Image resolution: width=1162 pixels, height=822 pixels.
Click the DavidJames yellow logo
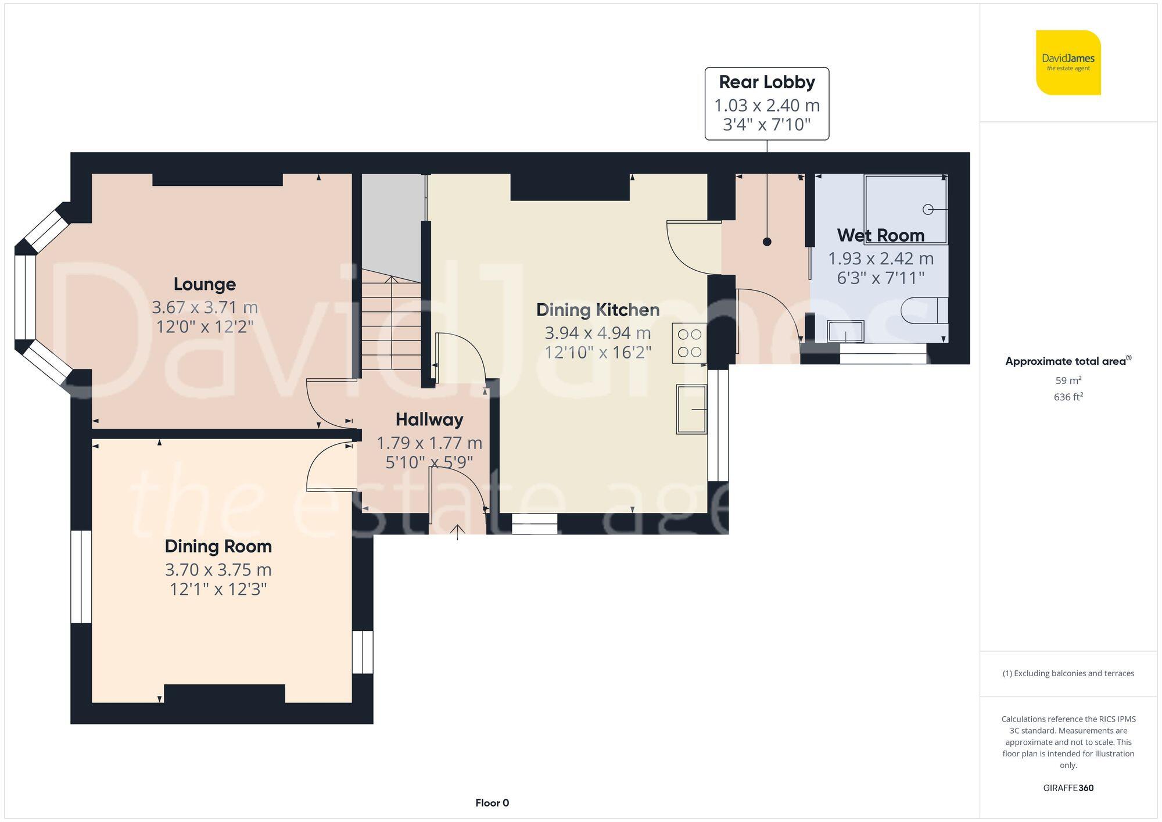pos(1068,63)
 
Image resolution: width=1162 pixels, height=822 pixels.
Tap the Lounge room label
pos(205,284)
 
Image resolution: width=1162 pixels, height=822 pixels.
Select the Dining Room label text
pos(218,546)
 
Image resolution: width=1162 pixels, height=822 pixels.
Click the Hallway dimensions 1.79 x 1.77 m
pos(429,443)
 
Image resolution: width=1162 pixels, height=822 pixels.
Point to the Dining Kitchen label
pos(597,310)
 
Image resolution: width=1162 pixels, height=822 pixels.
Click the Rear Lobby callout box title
pos(766,82)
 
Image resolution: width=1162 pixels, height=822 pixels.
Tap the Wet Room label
pos(880,235)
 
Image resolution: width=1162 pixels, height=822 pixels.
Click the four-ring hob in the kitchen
pos(690,343)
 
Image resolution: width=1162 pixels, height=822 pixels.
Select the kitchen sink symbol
pos(691,409)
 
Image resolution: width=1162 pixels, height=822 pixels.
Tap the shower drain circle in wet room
pos(928,209)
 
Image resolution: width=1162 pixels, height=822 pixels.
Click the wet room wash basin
pos(845,332)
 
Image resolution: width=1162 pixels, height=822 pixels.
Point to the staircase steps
pos(391,325)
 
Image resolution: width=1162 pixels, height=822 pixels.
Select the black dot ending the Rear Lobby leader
pos(767,242)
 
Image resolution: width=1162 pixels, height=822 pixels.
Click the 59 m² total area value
pos(1068,381)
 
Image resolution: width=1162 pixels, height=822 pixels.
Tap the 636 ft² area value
pos(1068,397)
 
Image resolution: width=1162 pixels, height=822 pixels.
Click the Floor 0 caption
pos(492,803)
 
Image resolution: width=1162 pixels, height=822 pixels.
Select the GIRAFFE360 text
pos(1068,788)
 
